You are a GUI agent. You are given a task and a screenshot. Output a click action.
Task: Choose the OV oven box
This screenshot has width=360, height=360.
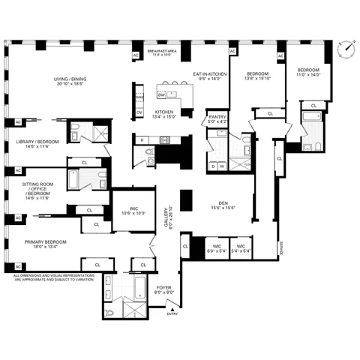tap(139, 112)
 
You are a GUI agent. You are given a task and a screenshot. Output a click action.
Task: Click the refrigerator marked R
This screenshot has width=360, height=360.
tap(142, 139)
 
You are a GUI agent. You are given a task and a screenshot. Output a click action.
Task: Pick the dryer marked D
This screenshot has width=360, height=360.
tap(213, 166)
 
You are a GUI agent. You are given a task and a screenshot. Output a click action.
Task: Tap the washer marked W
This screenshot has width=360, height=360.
tap(223, 166)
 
